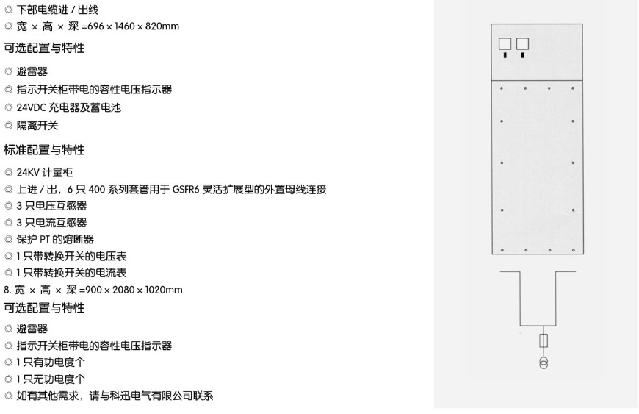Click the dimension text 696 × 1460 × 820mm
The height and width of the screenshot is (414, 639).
(133, 26)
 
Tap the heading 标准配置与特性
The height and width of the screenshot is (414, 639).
(44, 150)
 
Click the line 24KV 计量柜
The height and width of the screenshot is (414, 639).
(44, 172)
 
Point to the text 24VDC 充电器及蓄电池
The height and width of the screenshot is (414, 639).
(69, 107)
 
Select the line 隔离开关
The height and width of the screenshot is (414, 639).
(37, 125)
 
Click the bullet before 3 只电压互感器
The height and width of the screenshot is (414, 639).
(9, 206)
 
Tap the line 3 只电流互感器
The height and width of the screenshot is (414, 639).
(51, 223)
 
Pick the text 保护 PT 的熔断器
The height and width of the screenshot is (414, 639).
(55, 240)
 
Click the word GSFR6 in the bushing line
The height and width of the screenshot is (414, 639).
(186, 190)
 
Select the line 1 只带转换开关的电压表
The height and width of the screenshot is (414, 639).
(71, 256)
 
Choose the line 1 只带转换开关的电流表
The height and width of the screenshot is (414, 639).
(71, 273)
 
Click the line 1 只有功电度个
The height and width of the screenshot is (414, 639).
(51, 363)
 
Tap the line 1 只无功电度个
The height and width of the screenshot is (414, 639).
(51, 379)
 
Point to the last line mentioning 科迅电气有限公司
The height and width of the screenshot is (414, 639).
(115, 396)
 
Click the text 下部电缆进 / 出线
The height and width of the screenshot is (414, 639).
(57, 10)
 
